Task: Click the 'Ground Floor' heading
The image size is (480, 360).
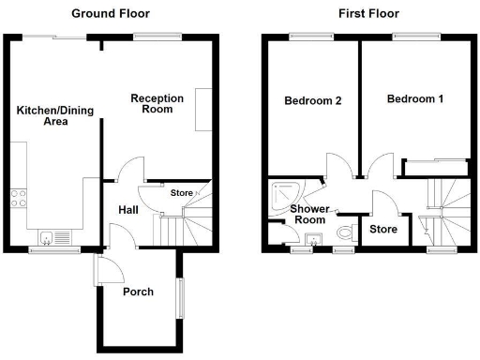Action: pyautogui.click(x=111, y=14)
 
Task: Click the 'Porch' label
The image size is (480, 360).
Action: pyautogui.click(x=139, y=291)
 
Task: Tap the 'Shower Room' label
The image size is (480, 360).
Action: pyautogui.click(x=307, y=214)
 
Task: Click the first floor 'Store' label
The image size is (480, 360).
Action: pyautogui.click(x=382, y=229)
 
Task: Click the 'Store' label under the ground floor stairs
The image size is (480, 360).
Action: pyautogui.click(x=181, y=193)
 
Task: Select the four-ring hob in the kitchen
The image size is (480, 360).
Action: pyautogui.click(x=18, y=198)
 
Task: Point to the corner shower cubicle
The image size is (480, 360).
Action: pyautogui.click(x=282, y=195)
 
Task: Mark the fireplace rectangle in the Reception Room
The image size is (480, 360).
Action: pyautogui.click(x=202, y=110)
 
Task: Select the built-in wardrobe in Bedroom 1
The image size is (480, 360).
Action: pyautogui.click(x=434, y=168)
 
